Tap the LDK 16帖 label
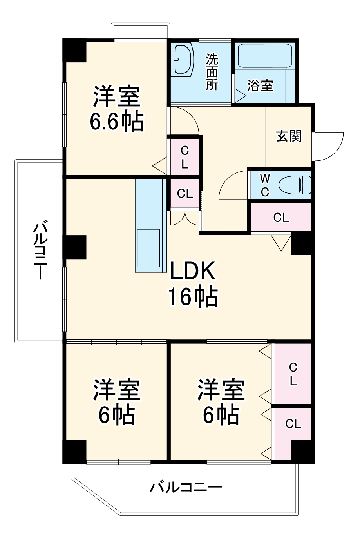tap(192, 283)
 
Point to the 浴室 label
tap(260, 85)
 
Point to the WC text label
tap(265, 185)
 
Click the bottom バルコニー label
tap(186, 488)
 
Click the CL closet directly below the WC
tap(281, 218)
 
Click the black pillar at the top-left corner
tap(75, 50)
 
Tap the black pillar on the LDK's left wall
tap(75, 247)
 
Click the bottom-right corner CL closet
tap(293, 424)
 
